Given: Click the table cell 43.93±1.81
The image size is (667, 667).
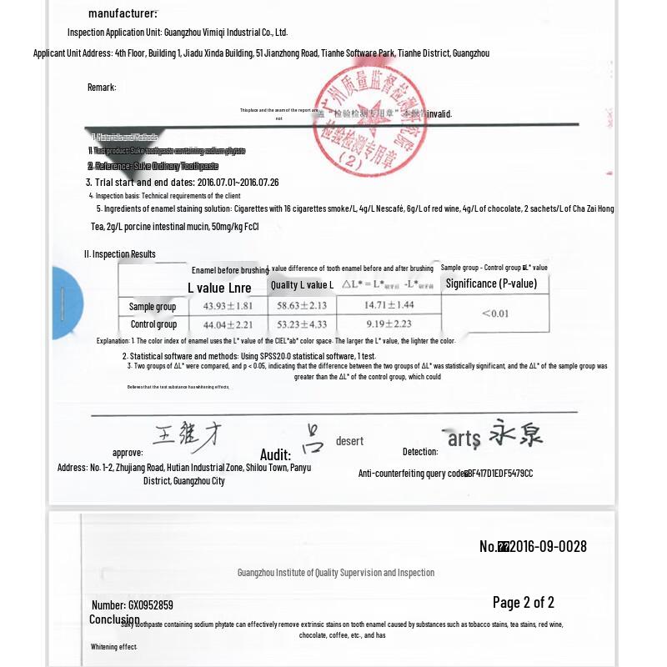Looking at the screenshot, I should pos(222,307).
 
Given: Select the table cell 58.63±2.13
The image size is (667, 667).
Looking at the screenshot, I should pos(301,307).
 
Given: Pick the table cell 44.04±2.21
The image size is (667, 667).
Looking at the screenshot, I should pos(222,324).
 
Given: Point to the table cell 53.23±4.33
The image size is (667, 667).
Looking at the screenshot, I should pos(301,324).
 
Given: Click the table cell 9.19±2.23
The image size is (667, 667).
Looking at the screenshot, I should pos(389,324).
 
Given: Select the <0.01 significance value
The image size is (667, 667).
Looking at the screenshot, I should pos(494,313).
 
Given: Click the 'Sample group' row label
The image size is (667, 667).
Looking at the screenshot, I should pos(153,307).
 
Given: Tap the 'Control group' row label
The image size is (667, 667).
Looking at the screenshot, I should pos(153,324).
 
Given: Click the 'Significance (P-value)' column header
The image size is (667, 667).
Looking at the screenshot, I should pos(491,283).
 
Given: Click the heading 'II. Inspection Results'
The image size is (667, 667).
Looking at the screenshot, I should pos(119,254).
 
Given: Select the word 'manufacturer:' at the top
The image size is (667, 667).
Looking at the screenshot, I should pos(123,13).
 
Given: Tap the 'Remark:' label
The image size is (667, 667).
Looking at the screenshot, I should pos(102,88).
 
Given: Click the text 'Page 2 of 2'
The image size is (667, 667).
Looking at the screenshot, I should pos(523,602).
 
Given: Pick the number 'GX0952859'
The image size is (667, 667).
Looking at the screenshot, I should pos(151,605).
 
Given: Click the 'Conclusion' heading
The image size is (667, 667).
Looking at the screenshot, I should pos(114,619).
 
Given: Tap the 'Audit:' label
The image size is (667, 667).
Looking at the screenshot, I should pos(275,455).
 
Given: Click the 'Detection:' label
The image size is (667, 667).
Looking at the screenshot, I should pos(420,452).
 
